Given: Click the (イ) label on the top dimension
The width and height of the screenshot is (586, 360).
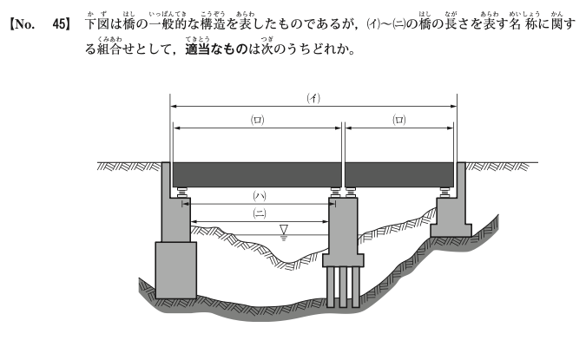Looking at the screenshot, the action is [x=313, y=98].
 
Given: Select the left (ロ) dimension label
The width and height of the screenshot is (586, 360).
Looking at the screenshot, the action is [x=257, y=120].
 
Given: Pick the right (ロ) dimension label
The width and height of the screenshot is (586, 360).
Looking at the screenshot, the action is [x=399, y=120].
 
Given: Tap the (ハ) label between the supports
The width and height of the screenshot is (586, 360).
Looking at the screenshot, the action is [x=260, y=196].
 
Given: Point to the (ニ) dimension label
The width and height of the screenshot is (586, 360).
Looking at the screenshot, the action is [x=260, y=213].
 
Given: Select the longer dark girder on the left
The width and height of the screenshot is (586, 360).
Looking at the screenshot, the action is [x=257, y=174].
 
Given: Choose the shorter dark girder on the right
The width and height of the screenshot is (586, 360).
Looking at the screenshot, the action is [x=399, y=174].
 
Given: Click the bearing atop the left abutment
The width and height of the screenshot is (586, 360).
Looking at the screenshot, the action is [x=182, y=193].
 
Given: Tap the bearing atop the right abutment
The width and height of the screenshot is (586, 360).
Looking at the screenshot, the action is [x=444, y=193].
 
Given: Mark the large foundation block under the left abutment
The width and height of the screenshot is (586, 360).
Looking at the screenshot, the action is [x=175, y=270].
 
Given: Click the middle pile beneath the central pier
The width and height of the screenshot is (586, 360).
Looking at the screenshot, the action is [x=343, y=287].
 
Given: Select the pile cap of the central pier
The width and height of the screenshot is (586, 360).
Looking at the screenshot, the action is [x=343, y=260].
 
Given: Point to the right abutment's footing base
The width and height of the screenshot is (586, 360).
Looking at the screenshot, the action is [x=451, y=230].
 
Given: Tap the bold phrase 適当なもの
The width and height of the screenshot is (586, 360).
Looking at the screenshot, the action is [x=216, y=49].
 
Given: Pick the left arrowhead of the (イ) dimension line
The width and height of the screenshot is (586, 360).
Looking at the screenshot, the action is [x=174, y=107].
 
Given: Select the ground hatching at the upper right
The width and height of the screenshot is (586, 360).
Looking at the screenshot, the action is [x=497, y=167].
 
